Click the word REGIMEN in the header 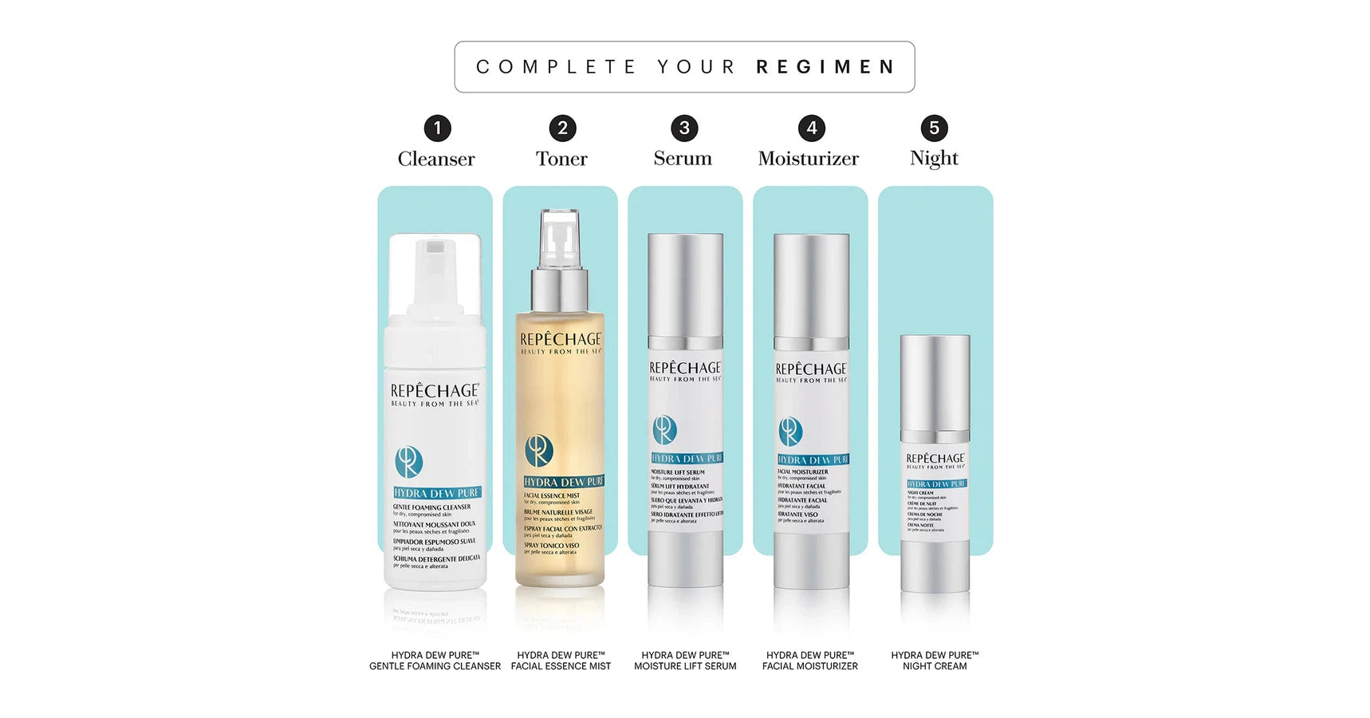pyautogui.click(x=825, y=67)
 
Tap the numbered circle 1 pyautogui.click(x=437, y=128)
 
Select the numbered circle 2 pyautogui.click(x=562, y=128)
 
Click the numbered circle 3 pyautogui.click(x=684, y=128)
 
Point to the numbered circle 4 pyautogui.click(x=811, y=128)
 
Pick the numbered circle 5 pyautogui.click(x=934, y=128)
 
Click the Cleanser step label pyautogui.click(x=436, y=159)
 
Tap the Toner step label pyautogui.click(x=561, y=159)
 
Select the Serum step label pyautogui.click(x=683, y=158)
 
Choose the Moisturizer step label pyautogui.click(x=808, y=159)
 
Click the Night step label pyautogui.click(x=934, y=158)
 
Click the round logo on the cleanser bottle pyautogui.click(x=408, y=462)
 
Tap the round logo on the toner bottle pyautogui.click(x=539, y=450)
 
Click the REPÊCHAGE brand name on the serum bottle pyautogui.click(x=685, y=368)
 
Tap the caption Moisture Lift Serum pyautogui.click(x=685, y=666)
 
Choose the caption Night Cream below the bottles pyautogui.click(x=935, y=666)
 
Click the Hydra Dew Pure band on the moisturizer pyautogui.click(x=813, y=460)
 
